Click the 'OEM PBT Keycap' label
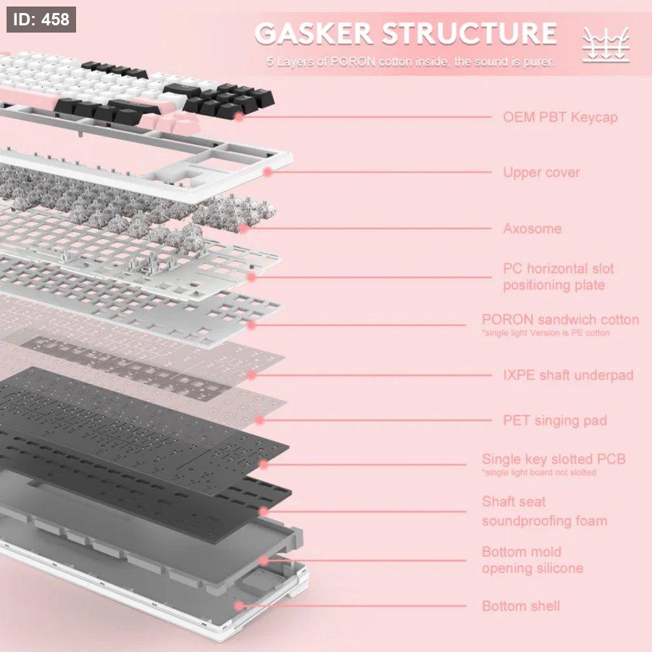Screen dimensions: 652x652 [x=560, y=117]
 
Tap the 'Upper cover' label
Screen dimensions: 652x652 [x=541, y=172]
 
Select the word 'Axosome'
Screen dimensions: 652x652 [x=532, y=229]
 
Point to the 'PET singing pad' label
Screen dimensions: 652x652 [x=555, y=420]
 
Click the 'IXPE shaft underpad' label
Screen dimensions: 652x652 [x=568, y=375]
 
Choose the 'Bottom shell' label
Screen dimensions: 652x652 [x=521, y=606]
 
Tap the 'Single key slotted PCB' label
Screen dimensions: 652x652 [x=553, y=459]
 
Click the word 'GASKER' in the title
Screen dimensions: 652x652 [x=314, y=34]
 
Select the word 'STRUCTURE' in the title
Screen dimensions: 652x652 [x=469, y=34]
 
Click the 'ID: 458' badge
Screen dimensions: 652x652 [x=41, y=20]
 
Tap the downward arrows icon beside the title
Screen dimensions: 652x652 [x=606, y=45]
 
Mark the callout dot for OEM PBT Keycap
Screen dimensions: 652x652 [x=239, y=116]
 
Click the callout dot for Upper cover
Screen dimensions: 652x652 [x=267, y=172]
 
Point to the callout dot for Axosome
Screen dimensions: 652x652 [x=244, y=228]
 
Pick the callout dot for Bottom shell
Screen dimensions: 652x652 [x=239, y=606]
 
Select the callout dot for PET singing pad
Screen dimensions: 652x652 [x=260, y=420]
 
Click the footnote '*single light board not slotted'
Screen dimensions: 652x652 [x=539, y=472]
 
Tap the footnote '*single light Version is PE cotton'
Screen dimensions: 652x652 [x=546, y=333]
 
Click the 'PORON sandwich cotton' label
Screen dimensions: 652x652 [x=560, y=319]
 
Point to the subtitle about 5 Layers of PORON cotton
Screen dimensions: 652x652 [x=410, y=62]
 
